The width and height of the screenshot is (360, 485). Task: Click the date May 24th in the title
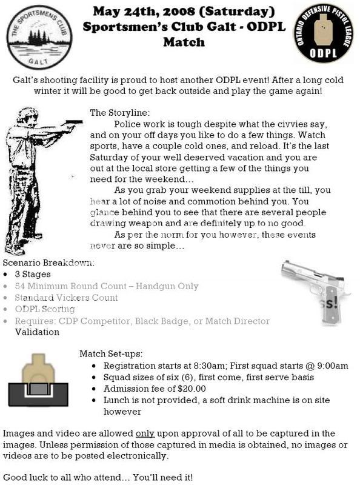click(x=125, y=11)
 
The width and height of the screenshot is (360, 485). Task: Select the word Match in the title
click(x=184, y=42)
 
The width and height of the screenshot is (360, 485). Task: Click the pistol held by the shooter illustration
click(x=74, y=124)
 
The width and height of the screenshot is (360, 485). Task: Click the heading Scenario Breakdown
click(x=48, y=263)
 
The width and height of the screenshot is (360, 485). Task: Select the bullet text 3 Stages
click(x=35, y=274)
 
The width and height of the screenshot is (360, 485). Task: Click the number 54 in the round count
click(x=21, y=286)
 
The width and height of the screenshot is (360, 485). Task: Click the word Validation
click(x=37, y=332)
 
